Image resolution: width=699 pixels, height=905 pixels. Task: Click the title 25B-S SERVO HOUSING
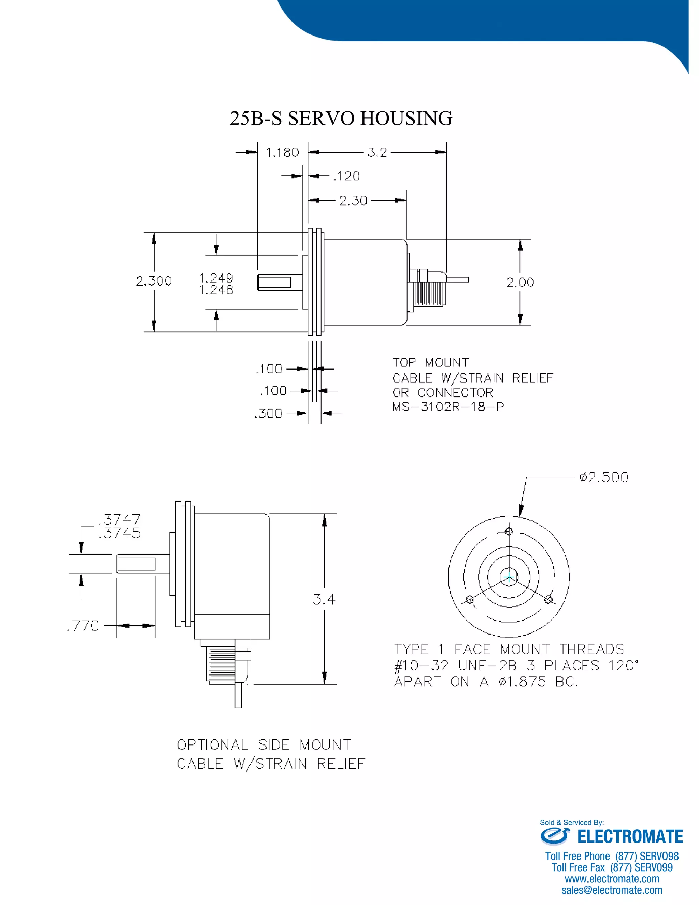341,119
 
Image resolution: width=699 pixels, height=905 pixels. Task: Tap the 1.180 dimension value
282,153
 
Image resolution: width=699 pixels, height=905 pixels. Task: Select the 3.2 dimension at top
377,153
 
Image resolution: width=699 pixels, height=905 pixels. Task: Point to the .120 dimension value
347,176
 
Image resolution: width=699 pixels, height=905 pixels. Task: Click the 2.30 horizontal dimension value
353,200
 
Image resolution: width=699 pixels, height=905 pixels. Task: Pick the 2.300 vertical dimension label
154,281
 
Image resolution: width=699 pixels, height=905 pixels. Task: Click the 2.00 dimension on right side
520,283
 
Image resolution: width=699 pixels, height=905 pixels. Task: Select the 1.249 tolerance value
216,277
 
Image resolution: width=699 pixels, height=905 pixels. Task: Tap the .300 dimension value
269,414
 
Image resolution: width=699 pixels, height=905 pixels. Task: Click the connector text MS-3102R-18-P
448,407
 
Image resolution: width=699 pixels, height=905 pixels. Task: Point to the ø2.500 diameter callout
604,477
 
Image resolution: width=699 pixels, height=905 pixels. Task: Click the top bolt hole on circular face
509,531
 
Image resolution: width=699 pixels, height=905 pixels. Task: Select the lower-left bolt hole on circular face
470,600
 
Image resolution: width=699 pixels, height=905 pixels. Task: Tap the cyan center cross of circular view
509,577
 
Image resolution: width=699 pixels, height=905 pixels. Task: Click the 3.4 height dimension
324,600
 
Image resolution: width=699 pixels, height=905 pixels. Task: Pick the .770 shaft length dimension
83,626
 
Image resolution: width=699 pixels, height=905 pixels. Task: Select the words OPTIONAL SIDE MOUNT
264,745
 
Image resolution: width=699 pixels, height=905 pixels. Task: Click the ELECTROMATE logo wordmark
629,837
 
